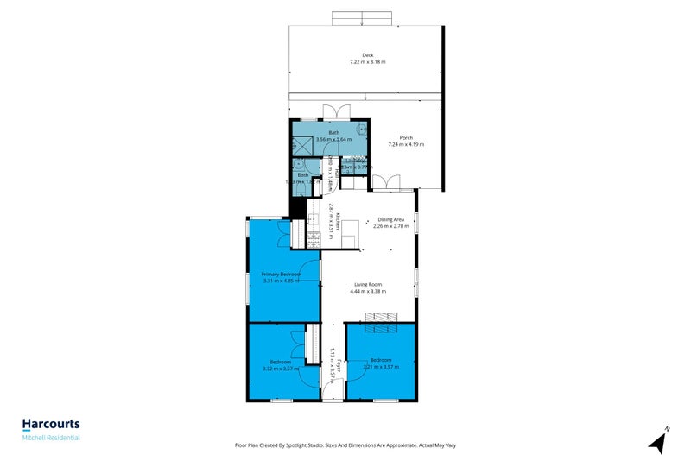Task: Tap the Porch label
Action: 405,137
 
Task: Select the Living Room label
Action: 367,285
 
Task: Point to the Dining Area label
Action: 390,220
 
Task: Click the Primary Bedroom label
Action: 282,274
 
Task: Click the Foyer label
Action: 339,365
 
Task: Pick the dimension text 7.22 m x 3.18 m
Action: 368,62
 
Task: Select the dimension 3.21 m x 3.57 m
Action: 381,366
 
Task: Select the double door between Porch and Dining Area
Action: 386,183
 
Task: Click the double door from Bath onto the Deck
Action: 333,112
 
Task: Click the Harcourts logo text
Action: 51,424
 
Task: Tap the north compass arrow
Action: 659,442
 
